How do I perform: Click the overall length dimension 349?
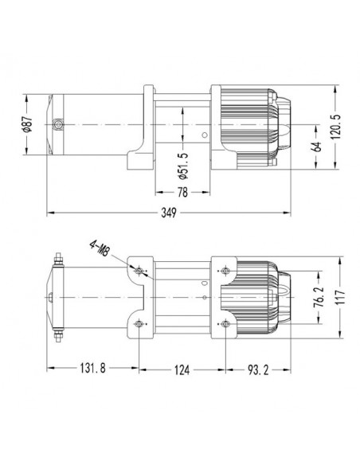coord(169,213)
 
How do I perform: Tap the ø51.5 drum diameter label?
coord(183,166)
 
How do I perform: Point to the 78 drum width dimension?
coord(182,192)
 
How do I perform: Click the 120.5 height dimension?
coord(335,127)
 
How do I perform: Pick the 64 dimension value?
coord(317,147)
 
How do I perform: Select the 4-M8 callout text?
coord(100,249)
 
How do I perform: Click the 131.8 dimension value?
coord(92,369)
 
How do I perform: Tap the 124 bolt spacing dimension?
coord(182,369)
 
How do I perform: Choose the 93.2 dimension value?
coord(258,369)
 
